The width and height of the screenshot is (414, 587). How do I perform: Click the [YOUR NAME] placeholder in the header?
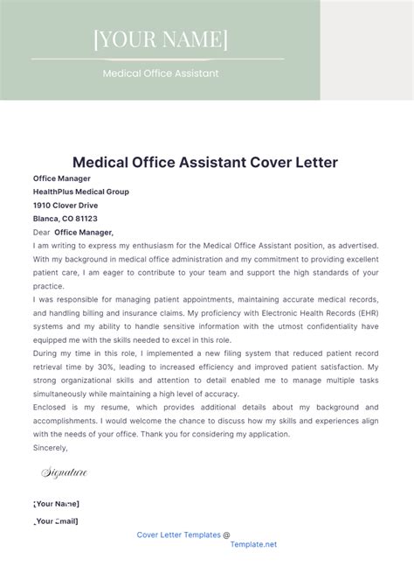[160, 39]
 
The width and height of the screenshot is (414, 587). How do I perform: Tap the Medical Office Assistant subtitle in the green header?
[161, 73]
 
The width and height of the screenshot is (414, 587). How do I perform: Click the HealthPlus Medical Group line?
[80, 192]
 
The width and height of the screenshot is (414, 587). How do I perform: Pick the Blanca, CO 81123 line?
[66, 219]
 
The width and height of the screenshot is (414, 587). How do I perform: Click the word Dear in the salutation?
[41, 233]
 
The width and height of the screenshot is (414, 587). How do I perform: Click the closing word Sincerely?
[50, 447]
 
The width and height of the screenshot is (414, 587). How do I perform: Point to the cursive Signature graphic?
[65, 473]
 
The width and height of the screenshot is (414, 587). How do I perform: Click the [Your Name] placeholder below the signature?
[56, 504]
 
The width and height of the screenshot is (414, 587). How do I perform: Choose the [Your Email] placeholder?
[56, 521]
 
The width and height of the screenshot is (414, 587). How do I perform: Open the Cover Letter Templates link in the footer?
[179, 535]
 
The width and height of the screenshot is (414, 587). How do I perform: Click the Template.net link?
[253, 544]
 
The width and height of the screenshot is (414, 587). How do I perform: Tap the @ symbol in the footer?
[227, 535]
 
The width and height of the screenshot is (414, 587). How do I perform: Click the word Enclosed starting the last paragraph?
[52, 408]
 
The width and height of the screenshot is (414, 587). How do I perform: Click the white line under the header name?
[158, 59]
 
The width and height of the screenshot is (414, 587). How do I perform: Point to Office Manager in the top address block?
[61, 178]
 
